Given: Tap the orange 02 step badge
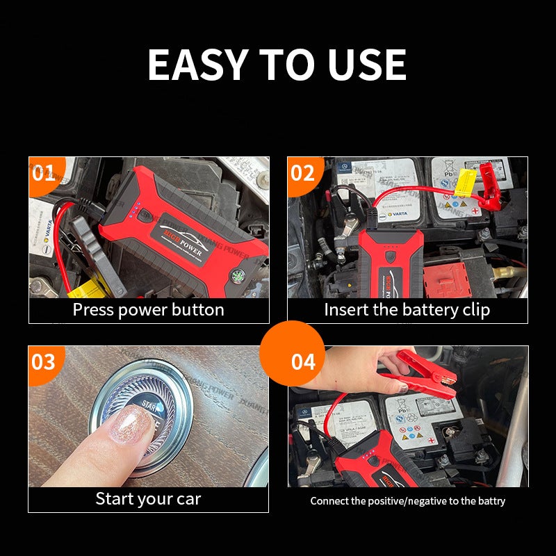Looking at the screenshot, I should click(303, 172).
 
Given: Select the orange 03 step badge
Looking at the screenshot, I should click(44, 361).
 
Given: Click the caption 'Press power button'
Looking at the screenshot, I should click(148, 310).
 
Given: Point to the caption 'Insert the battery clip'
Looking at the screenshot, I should click(407, 310).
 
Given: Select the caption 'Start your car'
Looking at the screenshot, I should click(148, 498).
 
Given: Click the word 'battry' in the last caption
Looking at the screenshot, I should click(490, 500).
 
